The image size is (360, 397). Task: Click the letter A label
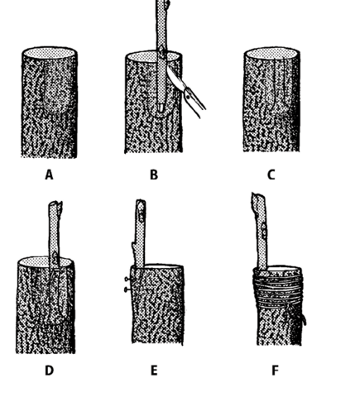(49, 175)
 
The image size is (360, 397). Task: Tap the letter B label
(154, 175)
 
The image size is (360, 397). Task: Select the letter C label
(271, 175)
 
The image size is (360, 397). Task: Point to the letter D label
(49, 371)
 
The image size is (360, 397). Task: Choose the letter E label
(154, 371)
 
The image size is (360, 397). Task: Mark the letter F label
(275, 371)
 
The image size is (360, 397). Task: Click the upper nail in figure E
(128, 280)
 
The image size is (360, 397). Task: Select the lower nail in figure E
(128, 289)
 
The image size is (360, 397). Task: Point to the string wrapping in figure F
(277, 288)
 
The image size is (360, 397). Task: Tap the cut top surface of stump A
(50, 53)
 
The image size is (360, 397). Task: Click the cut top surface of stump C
(271, 54)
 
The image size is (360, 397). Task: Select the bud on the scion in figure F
(264, 231)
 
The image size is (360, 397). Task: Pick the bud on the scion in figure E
(142, 214)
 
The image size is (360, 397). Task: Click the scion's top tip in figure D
(55, 203)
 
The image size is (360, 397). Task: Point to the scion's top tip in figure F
(257, 194)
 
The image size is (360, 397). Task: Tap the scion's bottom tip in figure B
(161, 110)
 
